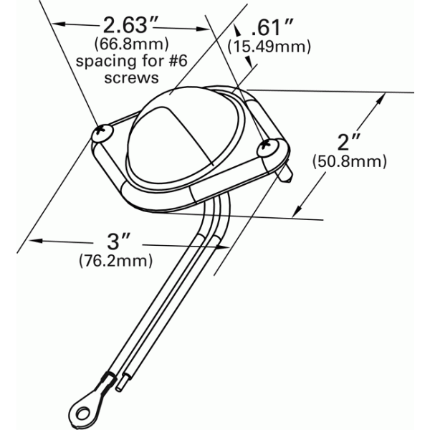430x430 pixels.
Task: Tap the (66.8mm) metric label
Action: click(x=132, y=44)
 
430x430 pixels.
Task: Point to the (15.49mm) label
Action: click(x=269, y=47)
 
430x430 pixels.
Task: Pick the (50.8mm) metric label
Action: click(x=350, y=161)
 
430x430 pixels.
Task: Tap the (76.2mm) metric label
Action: click(x=115, y=261)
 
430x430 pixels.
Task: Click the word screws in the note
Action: click(x=132, y=78)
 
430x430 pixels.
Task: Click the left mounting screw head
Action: click(x=102, y=133)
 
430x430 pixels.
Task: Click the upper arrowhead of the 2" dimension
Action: click(x=381, y=98)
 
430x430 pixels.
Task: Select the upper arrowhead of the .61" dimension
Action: click(x=237, y=29)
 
